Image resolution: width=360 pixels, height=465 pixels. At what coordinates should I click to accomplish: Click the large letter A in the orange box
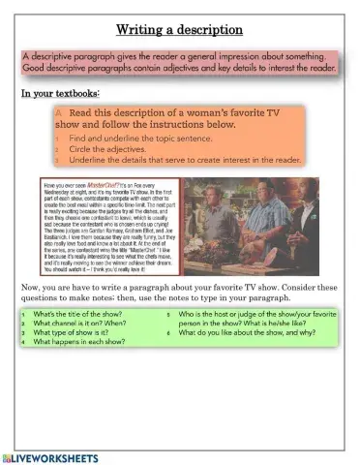tap(59, 113)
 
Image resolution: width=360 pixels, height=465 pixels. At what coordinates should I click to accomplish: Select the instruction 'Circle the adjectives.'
tap(107, 150)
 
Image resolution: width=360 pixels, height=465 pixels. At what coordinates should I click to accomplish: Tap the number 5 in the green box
tap(168, 316)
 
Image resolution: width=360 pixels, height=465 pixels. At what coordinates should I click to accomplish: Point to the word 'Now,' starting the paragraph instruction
tap(31, 288)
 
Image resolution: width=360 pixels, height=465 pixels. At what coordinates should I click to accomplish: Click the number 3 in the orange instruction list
tap(57, 160)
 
